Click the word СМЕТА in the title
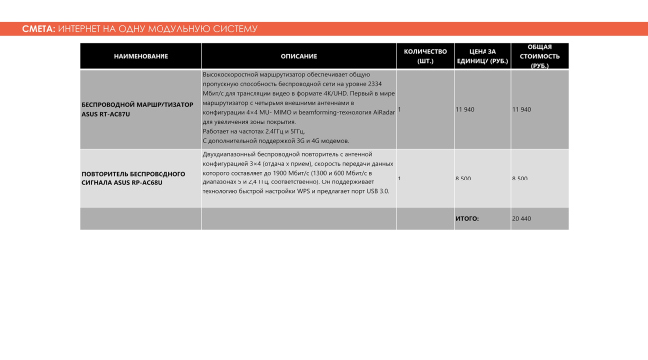(x=38, y=29)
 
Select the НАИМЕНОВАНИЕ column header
(x=141, y=56)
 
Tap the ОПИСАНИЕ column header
(x=299, y=56)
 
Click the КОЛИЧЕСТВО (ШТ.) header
(x=425, y=56)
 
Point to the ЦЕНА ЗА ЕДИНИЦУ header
(x=482, y=56)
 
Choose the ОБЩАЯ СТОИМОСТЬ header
(x=539, y=56)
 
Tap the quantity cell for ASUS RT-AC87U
(x=400, y=108)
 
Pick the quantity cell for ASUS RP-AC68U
(x=400, y=178)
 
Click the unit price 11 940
(x=464, y=108)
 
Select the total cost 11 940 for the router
(x=521, y=108)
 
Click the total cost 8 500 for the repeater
(x=519, y=178)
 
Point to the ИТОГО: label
(x=467, y=218)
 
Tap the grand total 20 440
(x=522, y=218)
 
